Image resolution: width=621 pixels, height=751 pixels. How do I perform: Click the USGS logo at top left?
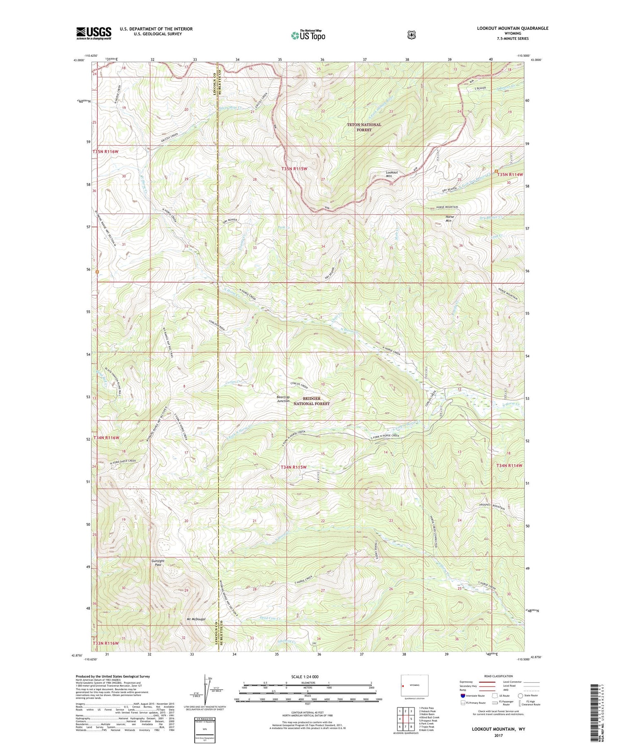coord(94,33)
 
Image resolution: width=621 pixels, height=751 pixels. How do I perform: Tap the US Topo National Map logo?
coord(308,35)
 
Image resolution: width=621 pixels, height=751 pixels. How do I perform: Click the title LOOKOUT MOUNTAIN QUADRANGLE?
coord(513,28)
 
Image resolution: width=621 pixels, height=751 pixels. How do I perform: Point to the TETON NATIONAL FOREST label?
coord(363,127)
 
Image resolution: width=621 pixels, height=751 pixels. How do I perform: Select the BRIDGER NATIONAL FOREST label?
coord(311,401)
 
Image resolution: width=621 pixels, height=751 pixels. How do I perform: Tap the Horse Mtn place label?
coord(449,218)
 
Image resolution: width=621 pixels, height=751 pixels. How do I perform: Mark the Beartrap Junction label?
coord(283,399)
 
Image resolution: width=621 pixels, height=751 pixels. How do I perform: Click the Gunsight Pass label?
coord(157,563)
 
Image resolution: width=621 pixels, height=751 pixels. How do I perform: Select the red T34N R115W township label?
coord(294,467)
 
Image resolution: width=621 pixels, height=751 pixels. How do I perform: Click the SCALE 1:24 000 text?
coord(305,677)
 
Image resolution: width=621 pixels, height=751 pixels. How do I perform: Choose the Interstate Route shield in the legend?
coord(462,695)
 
